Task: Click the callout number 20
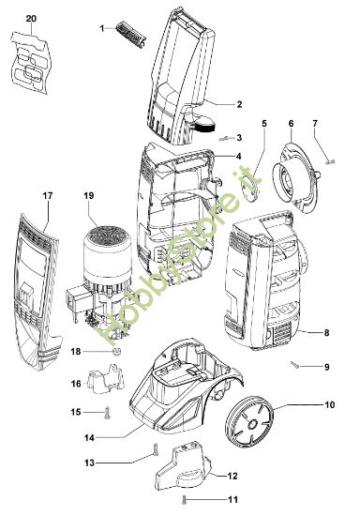pos(31,18)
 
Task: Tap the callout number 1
pos(102,29)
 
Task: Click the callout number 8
pos(325,332)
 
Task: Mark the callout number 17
pos(48,196)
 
